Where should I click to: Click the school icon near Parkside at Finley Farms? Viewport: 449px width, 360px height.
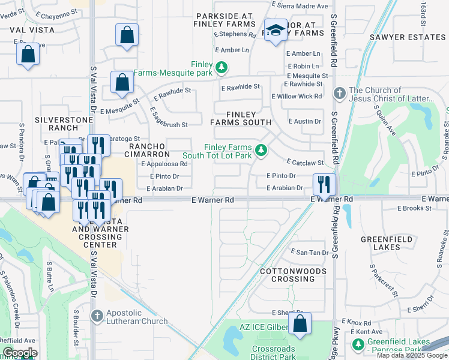[x=276, y=31]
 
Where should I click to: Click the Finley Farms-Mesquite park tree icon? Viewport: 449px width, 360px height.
[x=222, y=67]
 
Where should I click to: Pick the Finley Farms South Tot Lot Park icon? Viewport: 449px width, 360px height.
[x=261, y=151]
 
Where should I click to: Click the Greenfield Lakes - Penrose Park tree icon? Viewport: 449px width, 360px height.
[x=358, y=345]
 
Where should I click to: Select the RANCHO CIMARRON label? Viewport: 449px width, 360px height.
[x=147, y=150]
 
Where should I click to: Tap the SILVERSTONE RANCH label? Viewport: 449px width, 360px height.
[x=64, y=124]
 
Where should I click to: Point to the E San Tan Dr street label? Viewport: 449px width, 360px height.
[x=309, y=253]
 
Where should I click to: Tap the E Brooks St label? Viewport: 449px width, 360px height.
[x=415, y=208]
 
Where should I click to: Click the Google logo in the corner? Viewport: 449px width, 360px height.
[x=20, y=353]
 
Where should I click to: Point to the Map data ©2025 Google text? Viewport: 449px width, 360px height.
[x=412, y=355]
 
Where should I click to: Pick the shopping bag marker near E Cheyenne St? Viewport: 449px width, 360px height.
[x=127, y=35]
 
